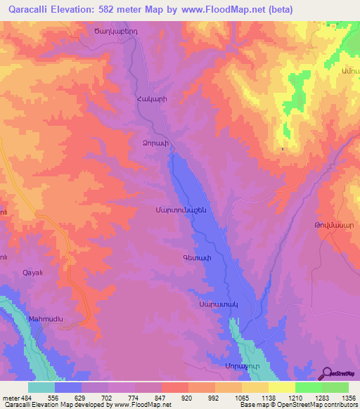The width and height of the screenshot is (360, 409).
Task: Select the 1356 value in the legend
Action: point(347,396)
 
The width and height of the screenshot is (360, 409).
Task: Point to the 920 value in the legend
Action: point(186,396)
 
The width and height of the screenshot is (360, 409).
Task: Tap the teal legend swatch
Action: point(41,387)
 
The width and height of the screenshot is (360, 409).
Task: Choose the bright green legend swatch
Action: point(308,387)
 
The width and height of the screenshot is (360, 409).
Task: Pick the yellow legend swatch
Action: point(281,387)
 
